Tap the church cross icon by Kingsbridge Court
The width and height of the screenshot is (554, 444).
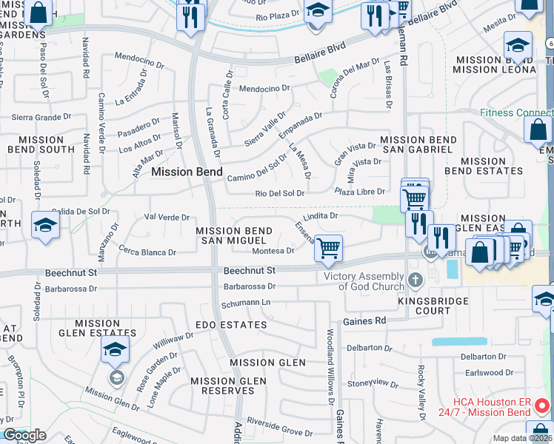(x=415, y=280)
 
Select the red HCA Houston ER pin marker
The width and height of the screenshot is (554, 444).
(x=542, y=406)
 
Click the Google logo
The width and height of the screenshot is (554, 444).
(x=24, y=435)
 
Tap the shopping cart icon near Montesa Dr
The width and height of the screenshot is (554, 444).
(x=328, y=248)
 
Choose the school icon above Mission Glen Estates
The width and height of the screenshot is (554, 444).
(x=115, y=350)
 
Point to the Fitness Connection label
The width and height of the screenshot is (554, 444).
(x=516, y=113)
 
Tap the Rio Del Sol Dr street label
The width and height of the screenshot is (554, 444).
(x=280, y=194)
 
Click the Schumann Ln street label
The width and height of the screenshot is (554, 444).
(x=246, y=303)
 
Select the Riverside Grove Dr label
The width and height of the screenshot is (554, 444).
(x=279, y=431)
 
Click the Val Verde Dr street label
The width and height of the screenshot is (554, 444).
(x=167, y=217)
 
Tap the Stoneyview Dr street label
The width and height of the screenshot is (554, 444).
(x=373, y=383)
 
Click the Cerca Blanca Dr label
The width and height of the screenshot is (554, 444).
(x=147, y=252)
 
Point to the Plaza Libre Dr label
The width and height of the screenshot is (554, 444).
(x=360, y=192)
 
